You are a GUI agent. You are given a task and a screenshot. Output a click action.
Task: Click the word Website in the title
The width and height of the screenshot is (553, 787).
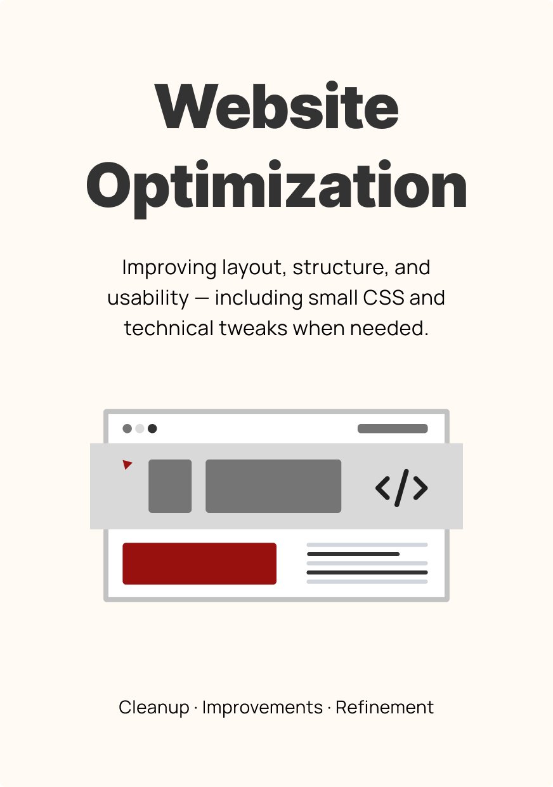pyautogui.click(x=278, y=106)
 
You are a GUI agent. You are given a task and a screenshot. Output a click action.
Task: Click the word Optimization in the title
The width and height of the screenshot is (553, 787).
pyautogui.click(x=276, y=188)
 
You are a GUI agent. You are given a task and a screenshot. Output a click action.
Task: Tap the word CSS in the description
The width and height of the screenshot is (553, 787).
pyautogui.click(x=383, y=298)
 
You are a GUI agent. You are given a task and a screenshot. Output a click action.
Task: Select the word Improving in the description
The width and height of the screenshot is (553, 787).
pyautogui.click(x=169, y=268)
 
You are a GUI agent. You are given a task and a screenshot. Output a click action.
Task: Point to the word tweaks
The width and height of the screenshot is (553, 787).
pyautogui.click(x=253, y=328)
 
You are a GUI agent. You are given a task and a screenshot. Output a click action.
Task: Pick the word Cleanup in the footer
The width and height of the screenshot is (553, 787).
pyautogui.click(x=153, y=708)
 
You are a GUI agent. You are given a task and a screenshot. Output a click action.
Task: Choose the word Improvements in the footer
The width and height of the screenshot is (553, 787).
pyautogui.click(x=263, y=707)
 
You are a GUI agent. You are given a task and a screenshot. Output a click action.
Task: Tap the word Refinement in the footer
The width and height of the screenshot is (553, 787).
pyautogui.click(x=384, y=707)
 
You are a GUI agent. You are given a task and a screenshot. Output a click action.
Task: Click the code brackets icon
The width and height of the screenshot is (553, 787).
pyautogui.click(x=401, y=487)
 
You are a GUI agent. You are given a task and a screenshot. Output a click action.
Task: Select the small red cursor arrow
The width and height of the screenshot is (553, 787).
pyautogui.click(x=127, y=465)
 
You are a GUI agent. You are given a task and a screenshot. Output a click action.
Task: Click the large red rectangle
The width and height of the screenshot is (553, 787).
pyautogui.click(x=199, y=564)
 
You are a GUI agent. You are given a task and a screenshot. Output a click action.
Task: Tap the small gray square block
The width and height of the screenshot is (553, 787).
pyautogui.click(x=170, y=486)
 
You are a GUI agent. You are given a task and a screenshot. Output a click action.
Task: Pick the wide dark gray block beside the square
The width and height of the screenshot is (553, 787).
pyautogui.click(x=273, y=486)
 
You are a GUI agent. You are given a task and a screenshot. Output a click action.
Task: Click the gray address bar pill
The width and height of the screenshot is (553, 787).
pyautogui.click(x=393, y=428)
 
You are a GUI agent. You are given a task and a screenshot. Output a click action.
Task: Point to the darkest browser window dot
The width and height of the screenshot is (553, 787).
pyautogui.click(x=152, y=428)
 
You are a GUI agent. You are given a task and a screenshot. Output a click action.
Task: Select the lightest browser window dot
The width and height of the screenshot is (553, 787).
pyautogui.click(x=140, y=428)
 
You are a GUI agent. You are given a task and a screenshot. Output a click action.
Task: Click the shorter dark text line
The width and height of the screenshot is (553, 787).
pyautogui.click(x=353, y=554)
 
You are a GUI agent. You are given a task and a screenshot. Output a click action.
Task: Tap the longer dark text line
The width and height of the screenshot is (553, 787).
pyautogui.click(x=367, y=572)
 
